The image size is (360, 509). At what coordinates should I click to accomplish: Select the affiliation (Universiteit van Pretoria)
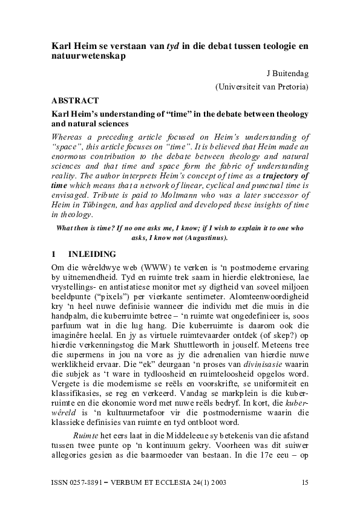(x=262, y=87)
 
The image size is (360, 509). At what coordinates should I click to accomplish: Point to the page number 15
(x=304, y=483)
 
